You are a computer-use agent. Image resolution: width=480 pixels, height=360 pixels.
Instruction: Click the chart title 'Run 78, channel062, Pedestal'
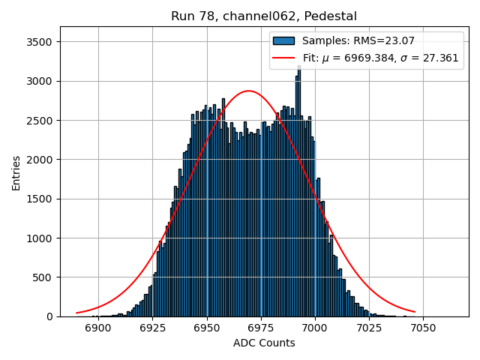[x=264, y=16]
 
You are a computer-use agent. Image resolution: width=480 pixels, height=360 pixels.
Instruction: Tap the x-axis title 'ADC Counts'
[x=264, y=343]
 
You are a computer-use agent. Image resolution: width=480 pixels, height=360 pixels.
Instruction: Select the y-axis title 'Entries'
[x=16, y=172]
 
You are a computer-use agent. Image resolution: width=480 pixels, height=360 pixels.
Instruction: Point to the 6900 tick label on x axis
[x=98, y=328]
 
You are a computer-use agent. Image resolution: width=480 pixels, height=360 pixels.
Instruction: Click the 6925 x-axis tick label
[x=152, y=328]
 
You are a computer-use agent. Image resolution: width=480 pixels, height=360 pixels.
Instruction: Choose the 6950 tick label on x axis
[x=206, y=328]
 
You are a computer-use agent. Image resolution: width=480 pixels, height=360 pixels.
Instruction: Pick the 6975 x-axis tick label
[x=260, y=328]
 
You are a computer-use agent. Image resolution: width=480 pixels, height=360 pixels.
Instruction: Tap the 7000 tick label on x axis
[x=314, y=328]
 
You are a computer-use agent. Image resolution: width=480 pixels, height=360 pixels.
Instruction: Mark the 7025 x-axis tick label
[x=368, y=328]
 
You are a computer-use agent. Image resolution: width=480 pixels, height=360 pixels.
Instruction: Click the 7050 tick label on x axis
[x=422, y=328]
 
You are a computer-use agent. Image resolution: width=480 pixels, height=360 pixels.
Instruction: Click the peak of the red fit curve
[x=249, y=91]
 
